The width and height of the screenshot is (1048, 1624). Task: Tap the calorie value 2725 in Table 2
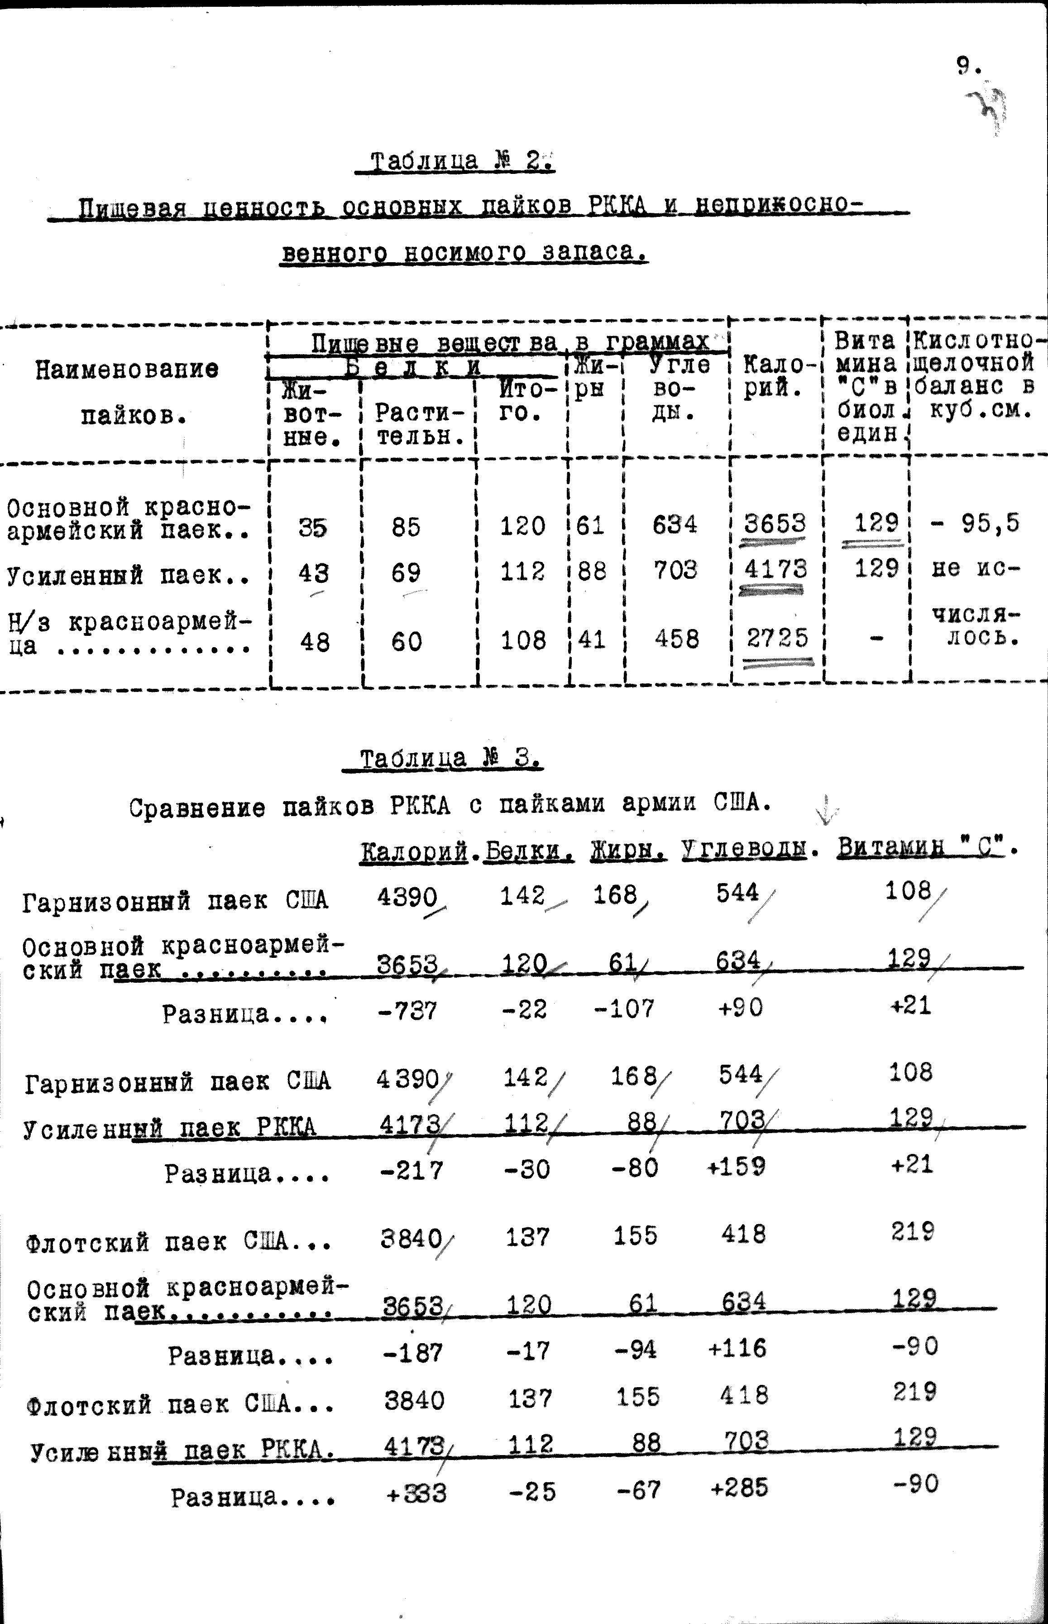[776, 638]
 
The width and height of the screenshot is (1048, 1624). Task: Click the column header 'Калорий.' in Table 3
[414, 851]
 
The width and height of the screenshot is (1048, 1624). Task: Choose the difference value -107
[624, 1008]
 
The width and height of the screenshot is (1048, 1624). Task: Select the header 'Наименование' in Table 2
[127, 370]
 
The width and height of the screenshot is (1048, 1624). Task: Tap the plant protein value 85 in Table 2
[406, 526]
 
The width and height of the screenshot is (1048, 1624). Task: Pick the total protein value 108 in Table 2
[522, 640]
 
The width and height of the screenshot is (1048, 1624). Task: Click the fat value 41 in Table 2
[591, 640]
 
